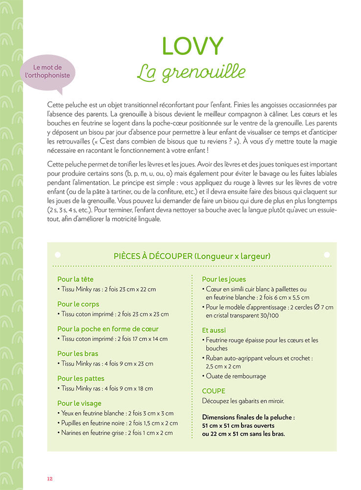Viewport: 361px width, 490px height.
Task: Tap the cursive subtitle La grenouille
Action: tap(191, 72)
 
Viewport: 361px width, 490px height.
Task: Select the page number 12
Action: tap(49, 479)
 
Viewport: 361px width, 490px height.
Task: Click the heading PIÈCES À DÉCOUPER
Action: tap(192, 256)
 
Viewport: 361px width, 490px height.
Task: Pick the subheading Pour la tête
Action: tap(75, 279)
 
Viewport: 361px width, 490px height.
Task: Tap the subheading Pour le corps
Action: tap(78, 304)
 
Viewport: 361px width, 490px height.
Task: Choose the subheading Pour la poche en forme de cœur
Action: tap(108, 329)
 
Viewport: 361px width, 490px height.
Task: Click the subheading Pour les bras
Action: tap(77, 353)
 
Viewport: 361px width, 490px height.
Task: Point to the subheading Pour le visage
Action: tap(79, 403)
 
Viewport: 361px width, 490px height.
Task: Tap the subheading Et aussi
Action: tap(214, 330)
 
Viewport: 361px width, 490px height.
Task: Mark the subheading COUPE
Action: tap(214, 391)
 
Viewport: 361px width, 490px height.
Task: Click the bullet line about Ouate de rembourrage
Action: tap(236, 376)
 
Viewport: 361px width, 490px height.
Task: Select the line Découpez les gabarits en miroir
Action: tap(243, 401)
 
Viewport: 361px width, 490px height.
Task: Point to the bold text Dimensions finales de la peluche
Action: tap(248, 417)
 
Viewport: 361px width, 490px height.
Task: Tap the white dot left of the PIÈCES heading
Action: tap(57, 255)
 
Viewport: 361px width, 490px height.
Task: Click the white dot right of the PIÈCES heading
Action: tap(327, 255)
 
